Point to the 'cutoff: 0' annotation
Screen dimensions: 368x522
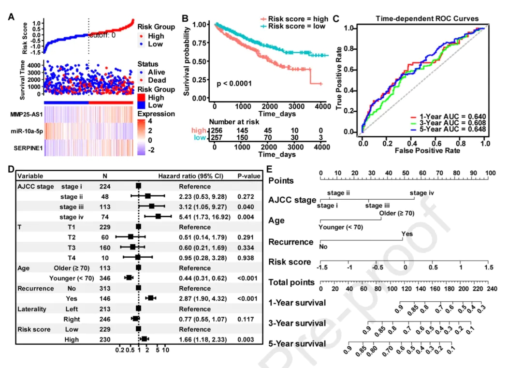point(102,35)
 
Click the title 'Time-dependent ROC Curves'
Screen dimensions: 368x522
point(427,19)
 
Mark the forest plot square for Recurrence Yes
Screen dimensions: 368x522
point(150,299)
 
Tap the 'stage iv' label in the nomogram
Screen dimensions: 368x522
point(422,193)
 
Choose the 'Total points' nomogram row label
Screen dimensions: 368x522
point(291,282)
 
